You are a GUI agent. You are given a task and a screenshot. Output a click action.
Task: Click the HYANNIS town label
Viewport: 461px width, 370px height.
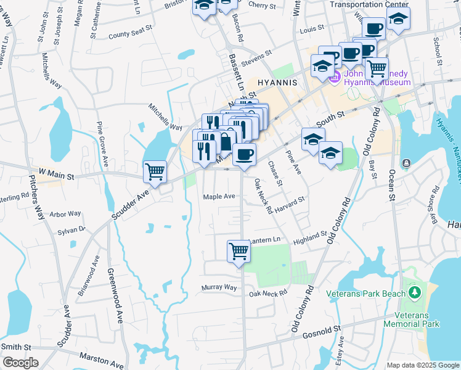tap(277, 82)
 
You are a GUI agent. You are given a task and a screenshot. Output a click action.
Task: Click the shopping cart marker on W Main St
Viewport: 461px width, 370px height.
tap(155, 172)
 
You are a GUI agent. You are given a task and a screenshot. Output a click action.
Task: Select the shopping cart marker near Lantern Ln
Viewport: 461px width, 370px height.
tap(239, 251)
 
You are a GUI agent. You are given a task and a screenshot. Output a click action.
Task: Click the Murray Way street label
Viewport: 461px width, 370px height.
tap(219, 288)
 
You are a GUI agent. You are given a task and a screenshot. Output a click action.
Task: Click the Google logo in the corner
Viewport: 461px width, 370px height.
tap(20, 363)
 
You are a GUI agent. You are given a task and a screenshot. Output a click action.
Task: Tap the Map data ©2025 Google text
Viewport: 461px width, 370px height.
tap(423, 365)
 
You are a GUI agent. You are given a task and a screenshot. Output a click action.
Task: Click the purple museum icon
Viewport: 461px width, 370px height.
tap(335, 77)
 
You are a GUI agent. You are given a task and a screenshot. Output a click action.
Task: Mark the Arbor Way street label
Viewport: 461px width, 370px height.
tap(65, 214)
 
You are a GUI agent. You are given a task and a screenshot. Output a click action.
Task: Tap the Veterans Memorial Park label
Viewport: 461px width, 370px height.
tap(411, 319)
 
